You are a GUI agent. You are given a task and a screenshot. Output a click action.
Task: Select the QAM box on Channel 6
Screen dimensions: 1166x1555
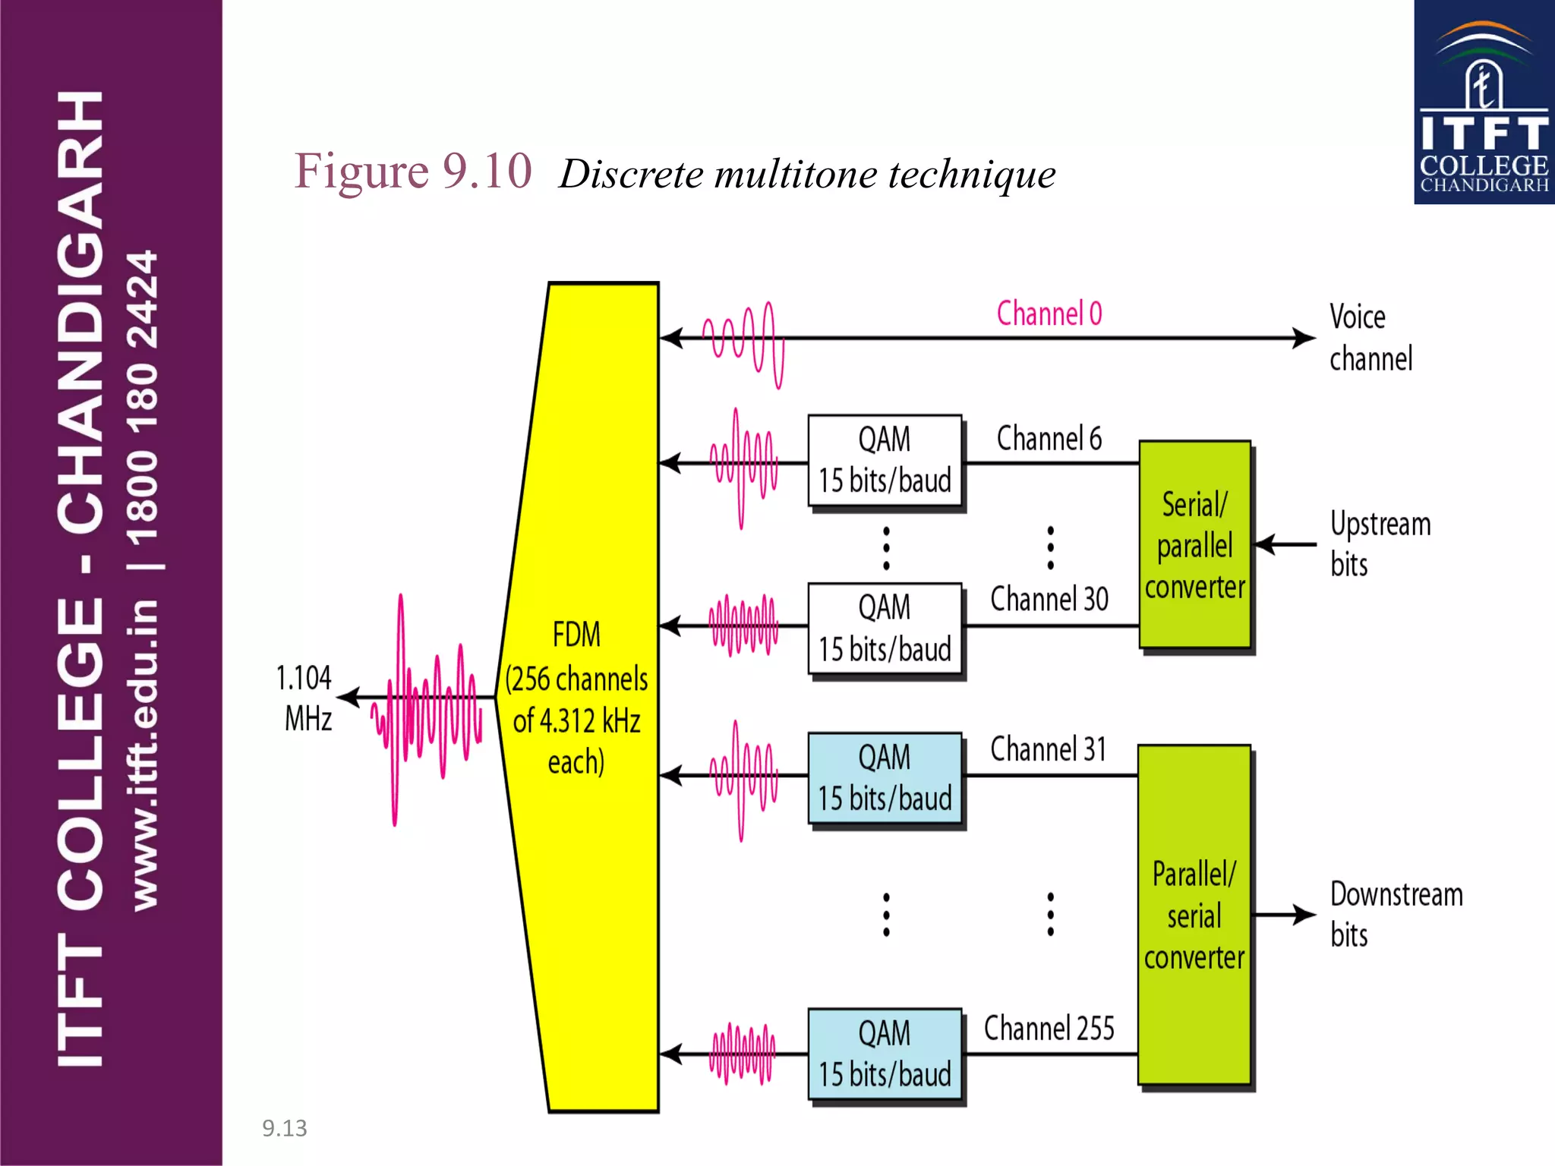(x=885, y=461)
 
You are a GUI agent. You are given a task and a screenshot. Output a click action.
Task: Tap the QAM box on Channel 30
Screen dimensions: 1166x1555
(x=885, y=629)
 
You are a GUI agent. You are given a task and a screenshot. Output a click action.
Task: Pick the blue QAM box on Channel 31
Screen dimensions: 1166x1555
(x=885, y=778)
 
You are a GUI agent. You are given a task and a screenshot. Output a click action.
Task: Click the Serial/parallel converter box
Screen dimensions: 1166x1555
(x=1194, y=545)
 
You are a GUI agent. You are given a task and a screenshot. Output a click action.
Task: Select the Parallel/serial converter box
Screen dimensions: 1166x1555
(x=1194, y=915)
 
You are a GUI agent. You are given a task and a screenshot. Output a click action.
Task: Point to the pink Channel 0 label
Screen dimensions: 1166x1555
(x=1049, y=314)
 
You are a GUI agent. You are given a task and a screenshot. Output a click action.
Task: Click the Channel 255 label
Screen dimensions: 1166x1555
(x=1049, y=1029)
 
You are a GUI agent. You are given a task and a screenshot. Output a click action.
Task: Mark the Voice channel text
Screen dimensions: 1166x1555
(x=1370, y=338)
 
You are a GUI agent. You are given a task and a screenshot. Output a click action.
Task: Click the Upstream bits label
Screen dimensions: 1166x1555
(x=1379, y=544)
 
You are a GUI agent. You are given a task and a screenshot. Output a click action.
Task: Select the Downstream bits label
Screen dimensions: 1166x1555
(x=1396, y=914)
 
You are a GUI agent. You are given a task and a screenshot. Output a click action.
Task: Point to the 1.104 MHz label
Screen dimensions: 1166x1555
(x=305, y=698)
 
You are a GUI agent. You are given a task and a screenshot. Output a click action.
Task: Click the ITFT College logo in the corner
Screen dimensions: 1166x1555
(x=1484, y=102)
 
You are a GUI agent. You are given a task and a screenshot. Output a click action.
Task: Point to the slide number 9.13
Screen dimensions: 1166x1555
(x=285, y=1128)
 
